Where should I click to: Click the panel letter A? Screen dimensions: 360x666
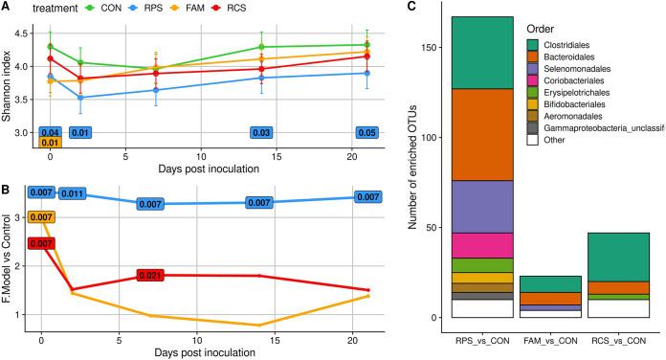7,7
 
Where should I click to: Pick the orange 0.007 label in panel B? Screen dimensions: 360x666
41,217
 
